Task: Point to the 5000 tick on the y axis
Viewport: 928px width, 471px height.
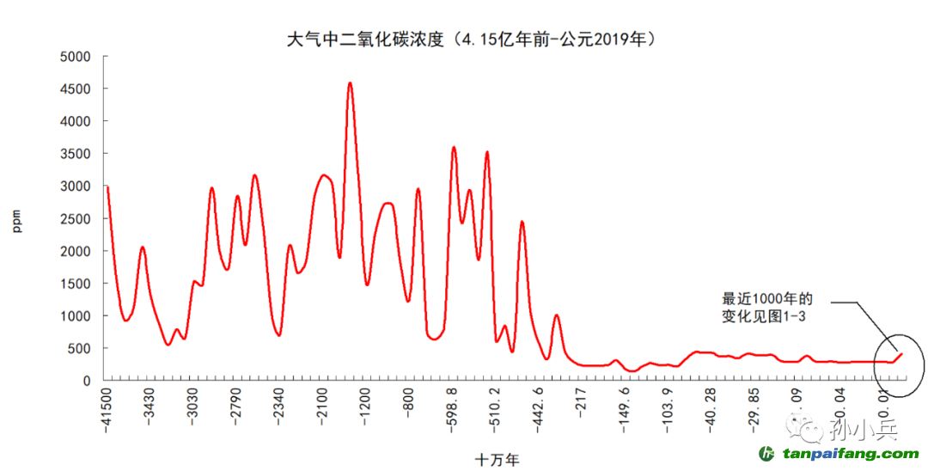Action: coord(75,57)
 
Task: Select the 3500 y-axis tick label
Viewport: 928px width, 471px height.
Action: coord(75,154)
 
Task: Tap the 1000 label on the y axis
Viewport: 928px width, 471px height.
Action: coord(75,316)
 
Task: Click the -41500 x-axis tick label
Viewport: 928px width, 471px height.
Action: coord(107,412)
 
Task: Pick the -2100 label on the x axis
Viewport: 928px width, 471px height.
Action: coord(322,408)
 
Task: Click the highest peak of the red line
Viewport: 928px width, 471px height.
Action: coord(350,83)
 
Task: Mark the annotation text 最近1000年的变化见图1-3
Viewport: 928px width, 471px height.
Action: coord(766,308)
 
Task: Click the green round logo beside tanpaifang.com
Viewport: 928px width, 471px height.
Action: coord(767,454)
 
